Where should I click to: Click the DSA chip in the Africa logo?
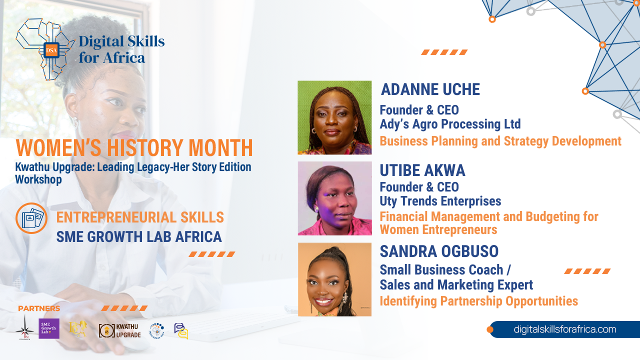click(51, 50)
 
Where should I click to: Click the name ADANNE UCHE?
click(430, 89)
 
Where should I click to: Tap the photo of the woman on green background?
click(334, 117)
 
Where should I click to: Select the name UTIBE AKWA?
click(422, 170)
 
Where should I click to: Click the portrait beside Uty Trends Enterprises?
click(334, 198)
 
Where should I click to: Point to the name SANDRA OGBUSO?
click(439, 251)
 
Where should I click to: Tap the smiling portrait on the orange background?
click(334, 279)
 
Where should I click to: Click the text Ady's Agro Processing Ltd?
click(450, 124)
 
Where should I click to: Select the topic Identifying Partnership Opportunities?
click(478, 301)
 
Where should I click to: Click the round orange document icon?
click(31, 218)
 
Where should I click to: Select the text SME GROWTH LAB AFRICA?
click(139, 236)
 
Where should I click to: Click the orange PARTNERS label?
click(39, 308)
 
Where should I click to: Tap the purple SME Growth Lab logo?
click(49, 328)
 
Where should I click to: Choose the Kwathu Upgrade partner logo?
click(119, 330)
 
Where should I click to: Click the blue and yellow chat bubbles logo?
click(181, 330)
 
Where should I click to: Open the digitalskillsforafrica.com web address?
click(564, 329)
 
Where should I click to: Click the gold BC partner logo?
click(78, 329)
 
